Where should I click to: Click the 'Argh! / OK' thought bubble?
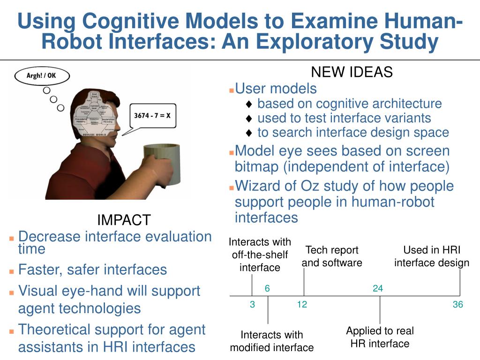(x=42, y=76)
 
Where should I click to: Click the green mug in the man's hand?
(x=162, y=164)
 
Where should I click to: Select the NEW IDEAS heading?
(x=352, y=72)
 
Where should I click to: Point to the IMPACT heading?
(x=124, y=220)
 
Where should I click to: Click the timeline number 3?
(x=252, y=305)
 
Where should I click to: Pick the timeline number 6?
(x=267, y=289)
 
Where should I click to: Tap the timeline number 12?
(x=302, y=305)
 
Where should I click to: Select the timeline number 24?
(x=378, y=289)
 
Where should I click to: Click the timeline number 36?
(x=457, y=305)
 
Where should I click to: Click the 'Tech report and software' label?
(x=332, y=256)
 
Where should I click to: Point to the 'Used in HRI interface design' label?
(x=432, y=256)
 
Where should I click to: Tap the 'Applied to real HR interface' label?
(x=380, y=337)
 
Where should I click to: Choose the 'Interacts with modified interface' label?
(x=272, y=341)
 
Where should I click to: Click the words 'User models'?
(x=276, y=88)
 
